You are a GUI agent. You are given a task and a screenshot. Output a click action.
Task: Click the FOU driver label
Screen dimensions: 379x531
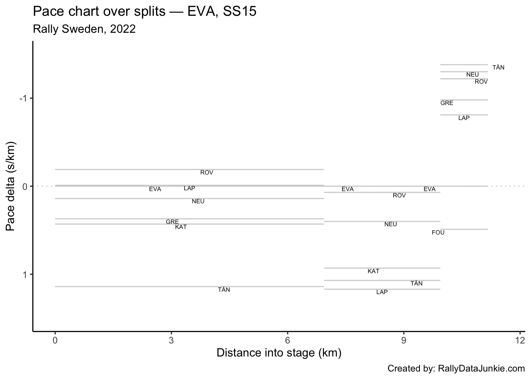coord(438,233)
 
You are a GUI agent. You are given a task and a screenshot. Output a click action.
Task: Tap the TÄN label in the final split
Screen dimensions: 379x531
coord(498,68)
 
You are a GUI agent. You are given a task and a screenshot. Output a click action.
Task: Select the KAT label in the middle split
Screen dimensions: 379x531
coord(373,271)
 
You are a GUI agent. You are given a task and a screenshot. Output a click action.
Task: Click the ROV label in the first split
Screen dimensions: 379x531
coord(207,173)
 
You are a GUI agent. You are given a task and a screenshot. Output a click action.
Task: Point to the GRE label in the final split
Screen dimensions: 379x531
coord(447,103)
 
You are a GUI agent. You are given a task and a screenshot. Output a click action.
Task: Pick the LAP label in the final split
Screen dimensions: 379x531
coord(464,118)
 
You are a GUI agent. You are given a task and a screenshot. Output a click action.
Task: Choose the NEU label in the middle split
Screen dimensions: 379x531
coord(390,224)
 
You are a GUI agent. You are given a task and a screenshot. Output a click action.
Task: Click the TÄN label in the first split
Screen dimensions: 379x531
coord(224,290)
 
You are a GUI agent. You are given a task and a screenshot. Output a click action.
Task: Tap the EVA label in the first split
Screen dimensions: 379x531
coord(155,189)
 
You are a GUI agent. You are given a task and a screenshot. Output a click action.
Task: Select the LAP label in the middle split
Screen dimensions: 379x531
coord(382,292)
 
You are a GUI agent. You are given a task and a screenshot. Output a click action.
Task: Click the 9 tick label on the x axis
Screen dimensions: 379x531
coord(404,340)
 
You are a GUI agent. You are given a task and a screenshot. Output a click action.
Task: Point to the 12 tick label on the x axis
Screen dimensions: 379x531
coord(520,340)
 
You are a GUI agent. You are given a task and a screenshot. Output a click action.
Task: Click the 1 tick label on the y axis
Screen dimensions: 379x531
coord(24,274)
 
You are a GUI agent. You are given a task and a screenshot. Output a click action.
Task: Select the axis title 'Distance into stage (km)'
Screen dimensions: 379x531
coord(279,353)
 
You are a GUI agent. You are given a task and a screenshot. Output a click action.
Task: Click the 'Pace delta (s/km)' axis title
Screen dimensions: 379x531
coord(11,186)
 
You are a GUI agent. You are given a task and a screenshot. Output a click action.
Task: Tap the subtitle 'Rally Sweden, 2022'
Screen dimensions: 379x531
coord(84,29)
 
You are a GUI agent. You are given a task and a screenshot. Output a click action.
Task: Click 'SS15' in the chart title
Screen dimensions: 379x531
coord(240,11)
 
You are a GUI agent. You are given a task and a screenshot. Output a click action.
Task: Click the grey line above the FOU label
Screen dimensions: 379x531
coord(464,229)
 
